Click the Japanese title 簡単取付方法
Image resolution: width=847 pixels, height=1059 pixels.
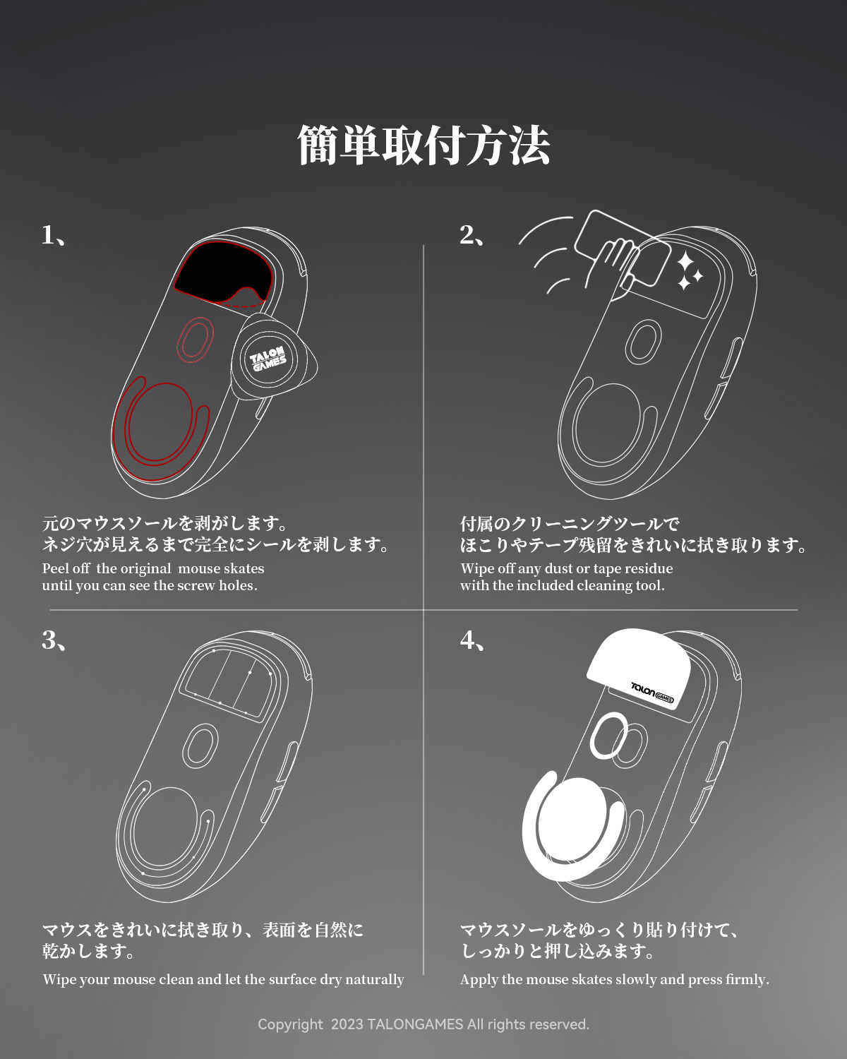pos(423,145)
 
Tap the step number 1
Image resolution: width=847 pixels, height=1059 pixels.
pos(49,235)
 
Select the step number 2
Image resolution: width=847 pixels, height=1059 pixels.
pos(467,235)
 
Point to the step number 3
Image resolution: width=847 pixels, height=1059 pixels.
pos(49,640)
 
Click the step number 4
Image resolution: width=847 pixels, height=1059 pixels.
pos(467,640)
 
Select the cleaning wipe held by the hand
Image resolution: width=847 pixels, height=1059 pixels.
pos(621,247)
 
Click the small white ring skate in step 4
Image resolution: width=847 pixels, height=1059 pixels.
pos(608,735)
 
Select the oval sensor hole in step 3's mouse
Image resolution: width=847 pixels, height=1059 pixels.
pos(200,746)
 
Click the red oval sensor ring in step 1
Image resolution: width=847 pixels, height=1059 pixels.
pos(194,340)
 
